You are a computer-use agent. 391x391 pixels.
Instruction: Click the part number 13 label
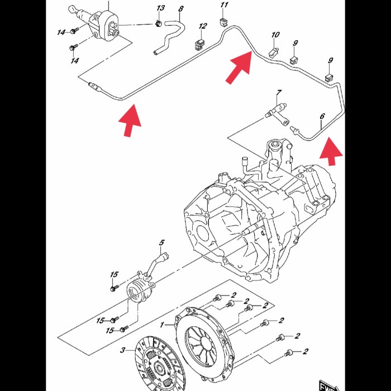pos(161,8)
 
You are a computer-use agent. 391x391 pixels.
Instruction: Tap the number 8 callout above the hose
pos(180,9)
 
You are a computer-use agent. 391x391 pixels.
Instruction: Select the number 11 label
pos(224,6)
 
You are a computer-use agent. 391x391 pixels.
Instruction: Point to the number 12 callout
pos(203,26)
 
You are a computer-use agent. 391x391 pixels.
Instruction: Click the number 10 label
pos(275,35)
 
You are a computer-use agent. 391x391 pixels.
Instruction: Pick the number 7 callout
pos(279,92)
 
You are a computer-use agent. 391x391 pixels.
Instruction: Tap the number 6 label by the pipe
pos(322,117)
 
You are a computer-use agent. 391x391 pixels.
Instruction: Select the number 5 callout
pos(162,242)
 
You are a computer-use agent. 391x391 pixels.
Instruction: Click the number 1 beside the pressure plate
pos(163,325)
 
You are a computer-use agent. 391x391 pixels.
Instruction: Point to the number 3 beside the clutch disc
pos(123,350)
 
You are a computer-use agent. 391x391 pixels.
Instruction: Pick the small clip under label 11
pos(224,22)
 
